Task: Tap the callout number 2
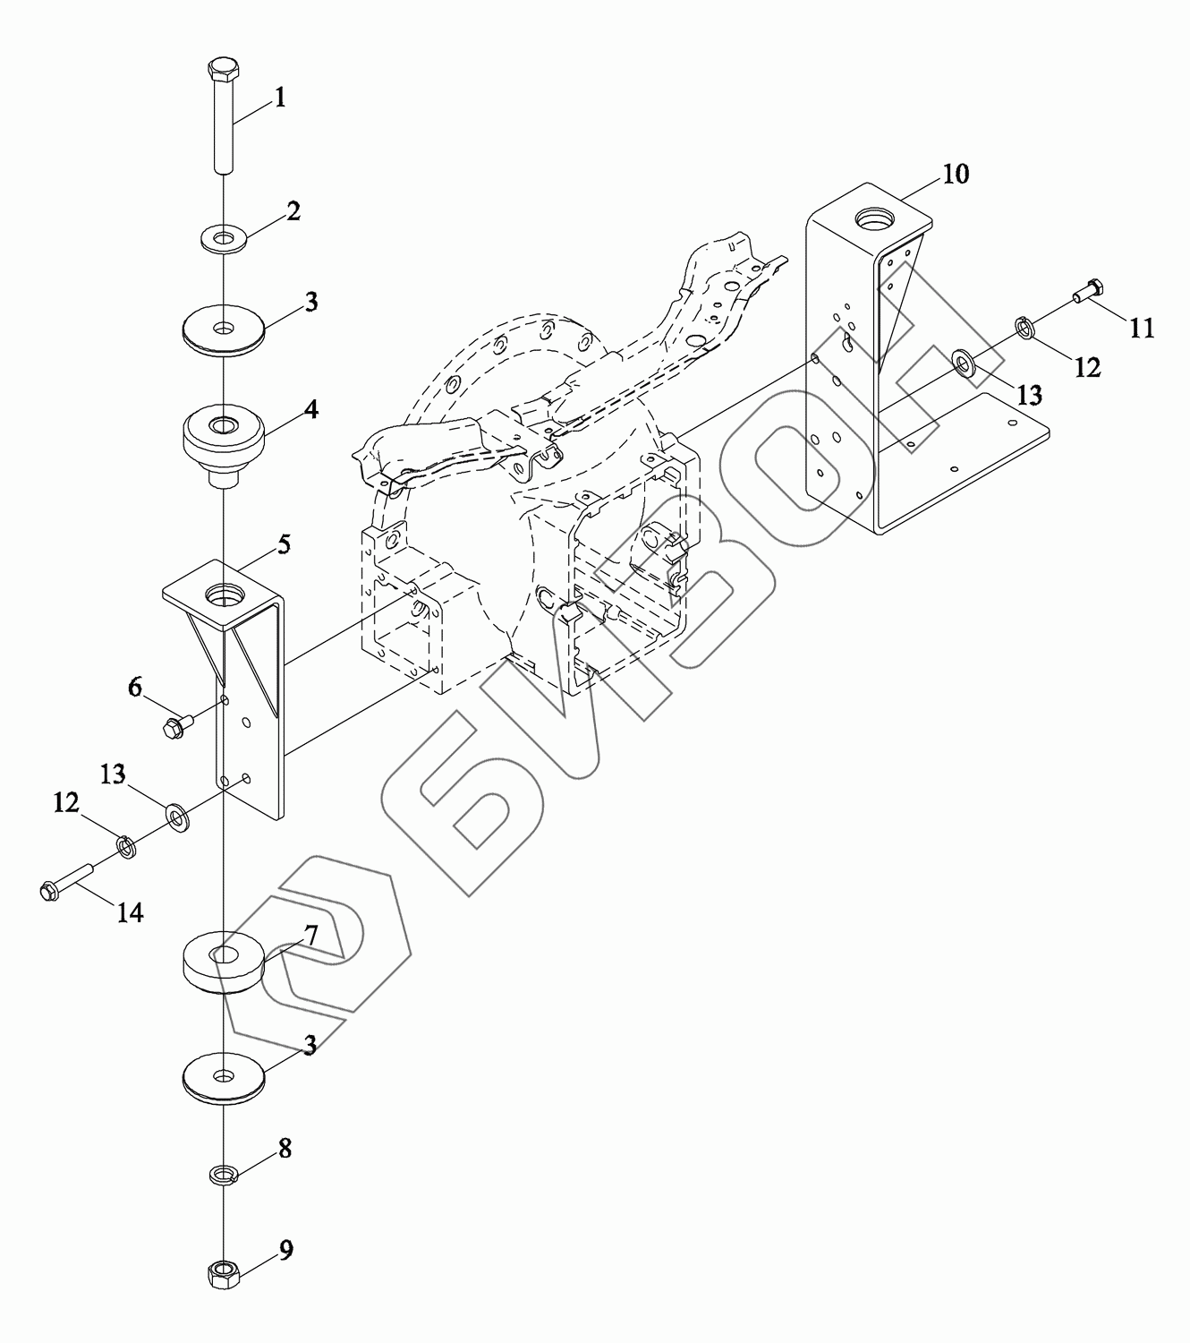tap(293, 211)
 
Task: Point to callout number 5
tap(284, 543)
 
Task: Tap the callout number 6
tap(135, 688)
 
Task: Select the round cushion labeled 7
tap(222, 963)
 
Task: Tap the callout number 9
tap(285, 1250)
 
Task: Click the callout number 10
tap(956, 174)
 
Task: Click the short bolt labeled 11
tap(1088, 290)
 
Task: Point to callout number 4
tap(310, 410)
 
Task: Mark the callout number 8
tap(285, 1149)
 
